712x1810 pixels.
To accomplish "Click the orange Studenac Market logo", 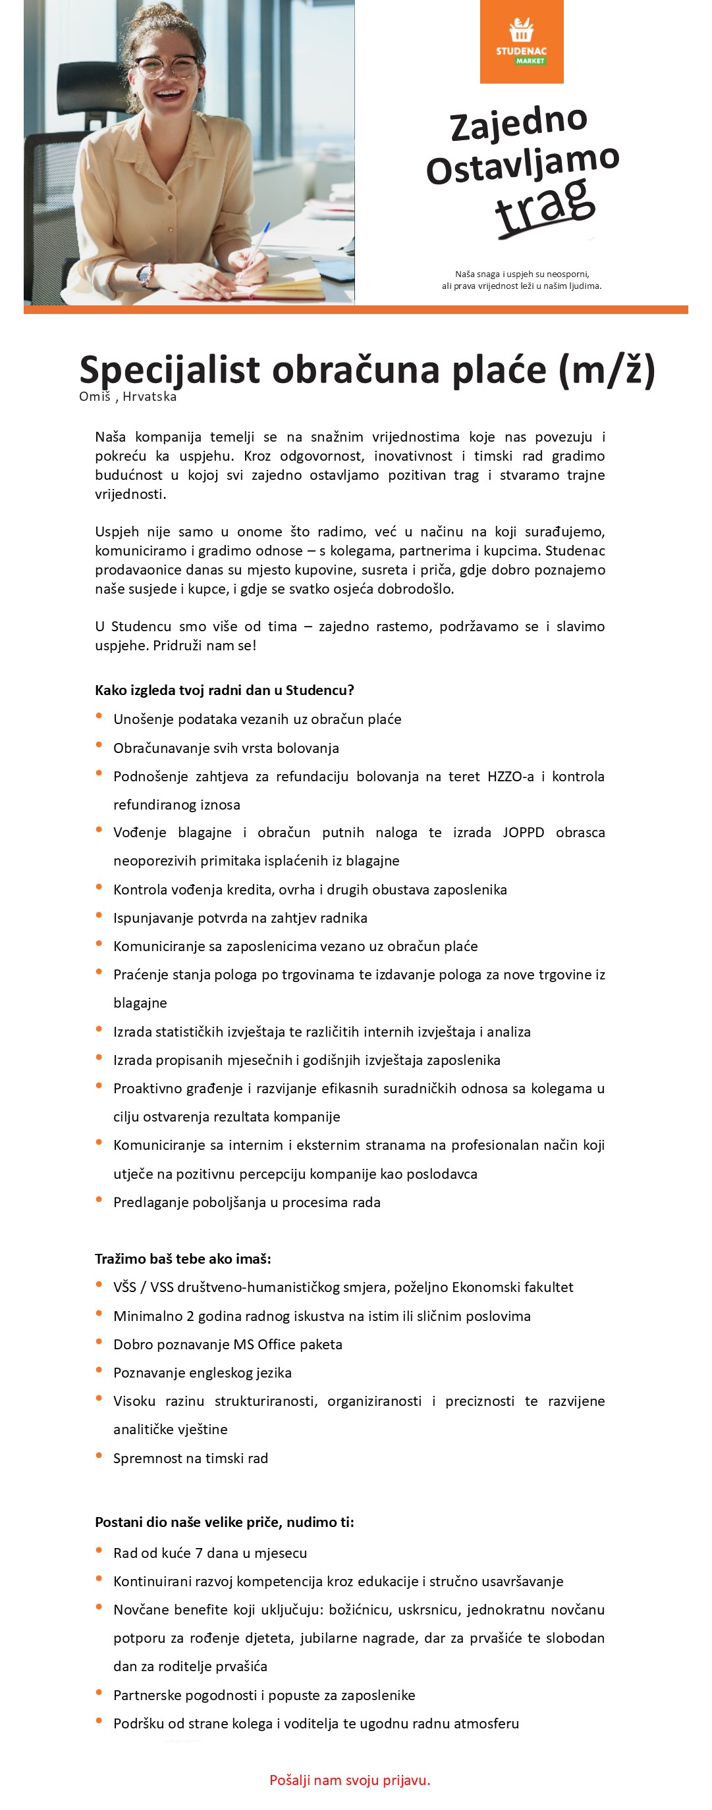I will click(522, 41).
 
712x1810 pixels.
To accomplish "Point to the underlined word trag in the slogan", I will click(545, 205).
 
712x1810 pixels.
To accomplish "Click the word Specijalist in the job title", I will click(169, 370).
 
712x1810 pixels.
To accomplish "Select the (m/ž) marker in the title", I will click(607, 370).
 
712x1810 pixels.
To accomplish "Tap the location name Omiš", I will click(95, 396).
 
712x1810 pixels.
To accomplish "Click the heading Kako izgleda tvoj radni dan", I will click(224, 690).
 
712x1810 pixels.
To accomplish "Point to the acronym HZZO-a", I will click(510, 777).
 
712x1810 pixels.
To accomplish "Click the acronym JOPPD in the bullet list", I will click(523, 833).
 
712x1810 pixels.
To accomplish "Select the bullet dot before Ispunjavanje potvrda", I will click(99, 916).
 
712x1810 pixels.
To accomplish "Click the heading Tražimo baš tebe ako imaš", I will click(182, 1258).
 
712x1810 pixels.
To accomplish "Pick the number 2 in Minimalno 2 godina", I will click(190, 1316).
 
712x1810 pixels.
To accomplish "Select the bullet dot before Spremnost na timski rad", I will click(99, 1456).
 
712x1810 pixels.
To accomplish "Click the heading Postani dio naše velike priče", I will click(224, 1522).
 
